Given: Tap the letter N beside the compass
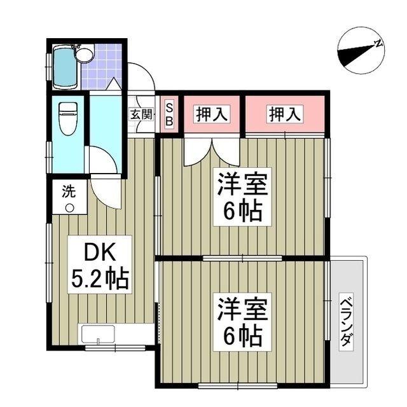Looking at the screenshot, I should click(x=378, y=44).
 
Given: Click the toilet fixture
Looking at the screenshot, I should click(x=67, y=117).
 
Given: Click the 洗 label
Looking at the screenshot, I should click(x=67, y=189).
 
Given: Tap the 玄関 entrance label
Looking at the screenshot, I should click(x=142, y=114).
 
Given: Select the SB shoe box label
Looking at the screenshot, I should click(x=169, y=114).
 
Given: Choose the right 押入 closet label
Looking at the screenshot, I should click(x=286, y=114).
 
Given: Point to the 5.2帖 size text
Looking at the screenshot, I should click(x=99, y=278).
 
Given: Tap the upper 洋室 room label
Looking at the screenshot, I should click(x=241, y=185).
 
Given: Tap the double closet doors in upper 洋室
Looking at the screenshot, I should click(x=203, y=151).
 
